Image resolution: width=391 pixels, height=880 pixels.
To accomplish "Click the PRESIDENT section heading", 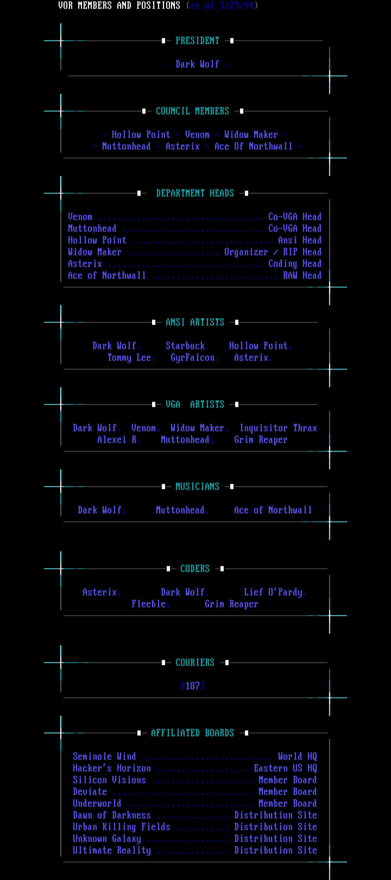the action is tap(197, 41).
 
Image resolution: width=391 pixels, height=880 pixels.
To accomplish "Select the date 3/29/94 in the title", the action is tap(236, 5).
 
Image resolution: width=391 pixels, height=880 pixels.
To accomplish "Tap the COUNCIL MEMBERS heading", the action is tap(192, 111).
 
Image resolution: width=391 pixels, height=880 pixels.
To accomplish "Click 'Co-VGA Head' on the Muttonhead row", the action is tap(295, 228).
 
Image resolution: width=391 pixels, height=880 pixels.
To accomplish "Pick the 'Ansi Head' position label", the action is tap(300, 240).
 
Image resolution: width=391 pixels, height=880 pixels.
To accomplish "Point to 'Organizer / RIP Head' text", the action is tap(273, 252).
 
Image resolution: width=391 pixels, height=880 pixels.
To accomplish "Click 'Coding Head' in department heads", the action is tap(295, 264).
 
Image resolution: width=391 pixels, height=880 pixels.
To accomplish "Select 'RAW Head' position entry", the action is tap(302, 275).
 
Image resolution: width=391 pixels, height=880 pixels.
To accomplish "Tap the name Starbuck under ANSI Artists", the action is tap(185, 346).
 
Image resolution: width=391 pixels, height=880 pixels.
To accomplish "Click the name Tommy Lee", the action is tap(129, 358).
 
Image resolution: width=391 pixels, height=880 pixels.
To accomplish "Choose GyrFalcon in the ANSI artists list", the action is tap(193, 358).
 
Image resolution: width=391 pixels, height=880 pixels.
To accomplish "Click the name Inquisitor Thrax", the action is tap(278, 428).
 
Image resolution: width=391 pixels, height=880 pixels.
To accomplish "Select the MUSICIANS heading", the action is tap(197, 486).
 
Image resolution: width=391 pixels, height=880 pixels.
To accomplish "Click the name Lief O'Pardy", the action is tap(273, 592).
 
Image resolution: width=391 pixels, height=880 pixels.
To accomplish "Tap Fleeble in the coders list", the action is tap(149, 604).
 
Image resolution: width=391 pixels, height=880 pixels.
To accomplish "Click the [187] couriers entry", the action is tap(193, 686).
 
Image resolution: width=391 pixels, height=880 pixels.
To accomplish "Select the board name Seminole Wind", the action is tap(105, 756).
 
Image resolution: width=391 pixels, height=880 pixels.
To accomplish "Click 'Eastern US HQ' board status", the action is tap(285, 768).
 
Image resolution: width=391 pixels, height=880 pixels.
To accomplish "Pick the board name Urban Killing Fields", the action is tap(122, 827).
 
